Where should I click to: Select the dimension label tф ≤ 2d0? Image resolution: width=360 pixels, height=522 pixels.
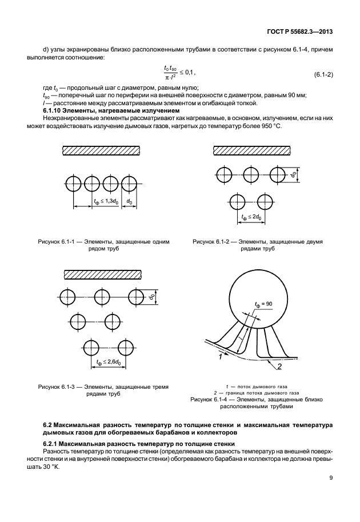point(251,217)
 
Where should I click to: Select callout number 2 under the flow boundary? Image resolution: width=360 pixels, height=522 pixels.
point(280,366)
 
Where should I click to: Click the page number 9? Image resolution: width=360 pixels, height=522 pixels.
point(331,479)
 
